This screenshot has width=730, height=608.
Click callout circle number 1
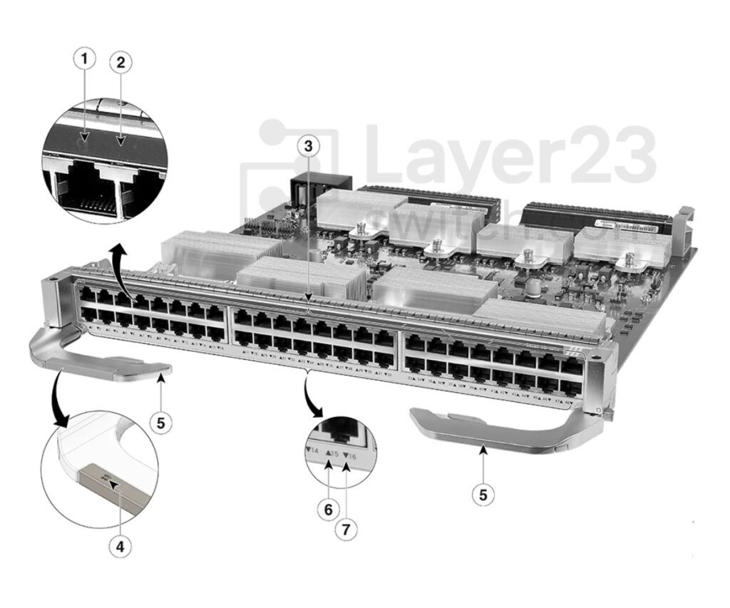pos(85,60)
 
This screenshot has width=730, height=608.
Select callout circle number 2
pos(120,62)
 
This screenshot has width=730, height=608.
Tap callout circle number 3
pos(308,146)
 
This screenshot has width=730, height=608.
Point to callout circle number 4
pos(120,547)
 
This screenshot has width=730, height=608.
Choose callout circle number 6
pos(328,509)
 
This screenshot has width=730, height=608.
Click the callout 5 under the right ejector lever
pos(483,493)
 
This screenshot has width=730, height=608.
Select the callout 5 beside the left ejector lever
pos(160,422)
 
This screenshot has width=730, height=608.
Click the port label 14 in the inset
pos(312,450)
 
